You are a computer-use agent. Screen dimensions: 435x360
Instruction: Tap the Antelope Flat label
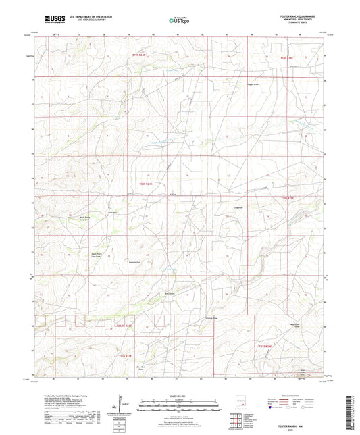[134, 261]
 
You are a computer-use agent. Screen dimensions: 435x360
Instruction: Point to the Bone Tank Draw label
[142, 369]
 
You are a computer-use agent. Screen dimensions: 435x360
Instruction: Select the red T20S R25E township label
[288, 198]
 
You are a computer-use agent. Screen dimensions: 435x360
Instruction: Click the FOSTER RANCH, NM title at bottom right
[310, 419]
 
